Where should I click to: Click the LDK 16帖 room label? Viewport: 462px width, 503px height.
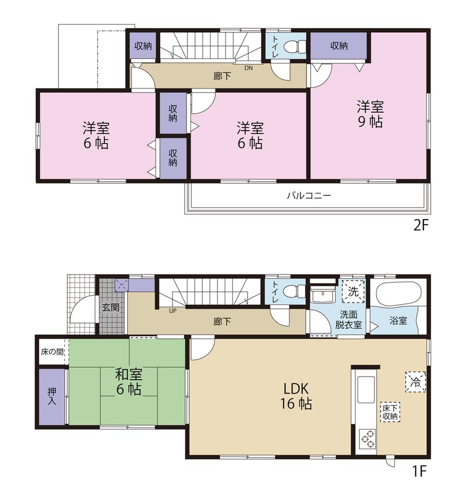point(296,396)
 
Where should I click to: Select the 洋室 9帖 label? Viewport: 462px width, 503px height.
point(370,114)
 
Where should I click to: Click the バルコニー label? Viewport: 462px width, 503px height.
point(309,196)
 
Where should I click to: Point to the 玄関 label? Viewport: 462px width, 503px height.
point(111,307)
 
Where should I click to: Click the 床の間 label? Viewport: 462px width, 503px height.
point(52,352)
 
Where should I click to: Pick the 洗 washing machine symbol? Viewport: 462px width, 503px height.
point(353,291)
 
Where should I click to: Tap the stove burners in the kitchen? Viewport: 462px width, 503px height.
point(368,438)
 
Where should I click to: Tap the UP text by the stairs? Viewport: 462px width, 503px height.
point(173,310)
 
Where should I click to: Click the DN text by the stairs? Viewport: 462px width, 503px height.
point(249,68)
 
